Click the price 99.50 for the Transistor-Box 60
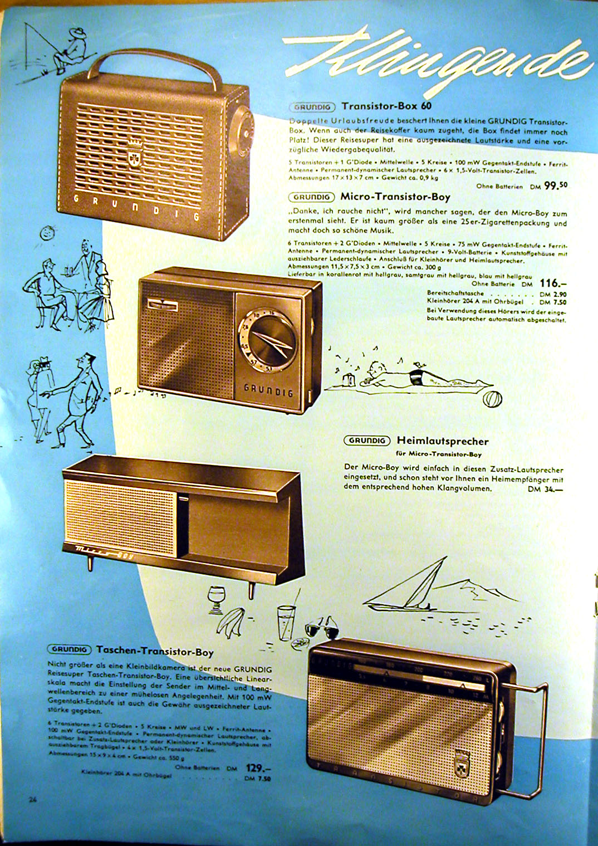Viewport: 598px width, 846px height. tap(555, 185)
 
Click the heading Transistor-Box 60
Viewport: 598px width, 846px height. tap(386, 106)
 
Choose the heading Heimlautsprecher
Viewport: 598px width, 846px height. tap(443, 441)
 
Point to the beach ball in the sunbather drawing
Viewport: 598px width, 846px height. tap(492, 400)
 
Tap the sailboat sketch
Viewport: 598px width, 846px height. tap(412, 588)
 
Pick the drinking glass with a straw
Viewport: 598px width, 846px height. tap(286, 621)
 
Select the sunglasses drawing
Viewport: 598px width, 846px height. tap(323, 630)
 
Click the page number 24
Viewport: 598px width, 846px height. tap(32, 799)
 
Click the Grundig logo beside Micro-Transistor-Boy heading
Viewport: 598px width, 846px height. tap(311, 197)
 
